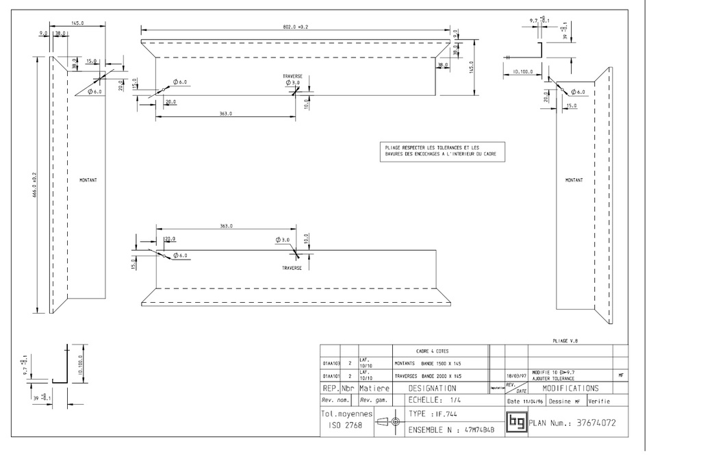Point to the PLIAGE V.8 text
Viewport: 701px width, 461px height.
[565, 339]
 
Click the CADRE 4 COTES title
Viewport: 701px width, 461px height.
[433, 351]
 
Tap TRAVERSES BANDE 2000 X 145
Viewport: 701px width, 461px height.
[428, 376]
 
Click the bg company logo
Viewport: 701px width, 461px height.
[515, 423]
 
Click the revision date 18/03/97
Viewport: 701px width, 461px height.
[516, 376]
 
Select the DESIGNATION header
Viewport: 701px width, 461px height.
[432, 388]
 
